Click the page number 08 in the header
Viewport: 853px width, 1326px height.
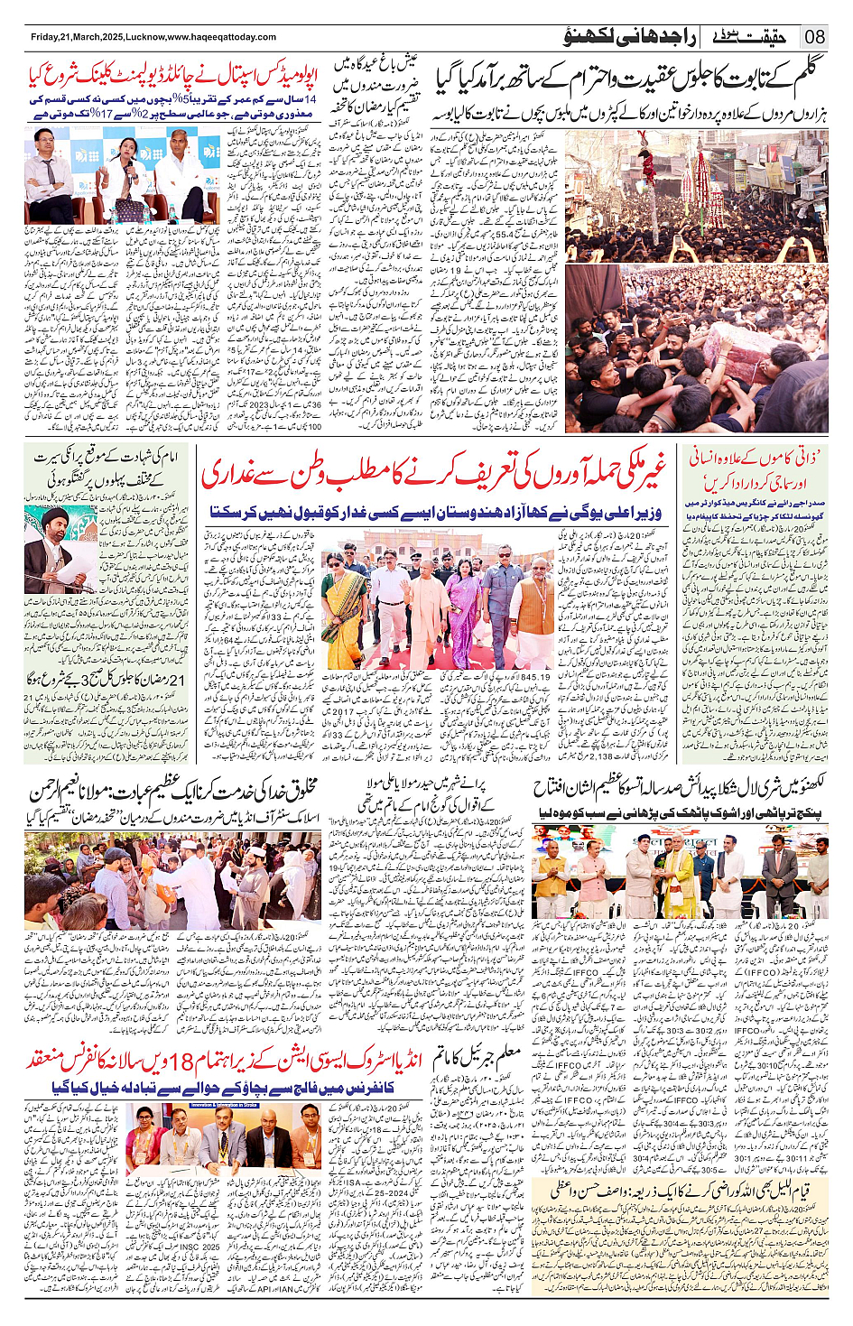815,37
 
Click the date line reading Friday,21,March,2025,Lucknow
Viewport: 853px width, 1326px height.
153,37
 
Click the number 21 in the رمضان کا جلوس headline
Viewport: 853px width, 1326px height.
177,679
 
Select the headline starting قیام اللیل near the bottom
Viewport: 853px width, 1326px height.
679,1190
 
